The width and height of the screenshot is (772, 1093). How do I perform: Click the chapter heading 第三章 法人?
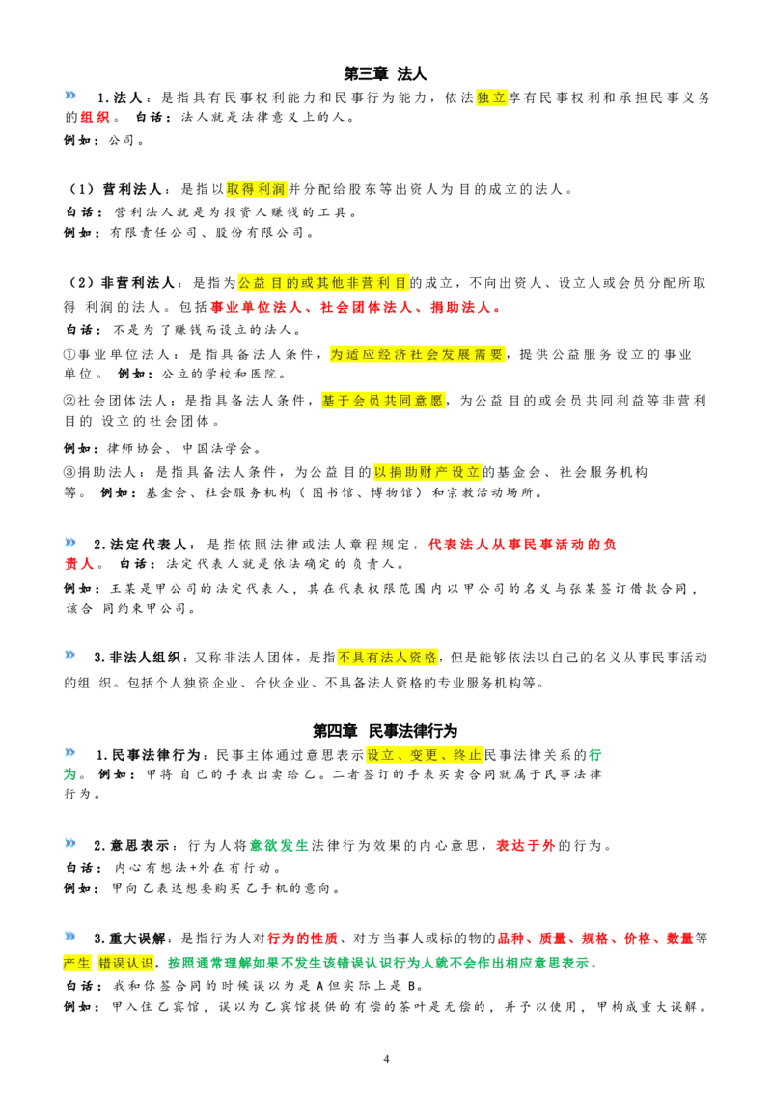tap(385, 73)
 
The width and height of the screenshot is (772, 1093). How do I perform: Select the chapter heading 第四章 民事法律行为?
tap(385, 731)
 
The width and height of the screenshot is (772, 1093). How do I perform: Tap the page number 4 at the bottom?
tap(387, 1059)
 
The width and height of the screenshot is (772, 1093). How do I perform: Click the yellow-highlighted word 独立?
tap(491, 98)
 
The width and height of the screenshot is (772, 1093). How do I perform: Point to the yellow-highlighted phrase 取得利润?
tap(257, 189)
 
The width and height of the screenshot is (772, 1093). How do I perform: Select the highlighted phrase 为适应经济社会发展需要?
tap(417, 354)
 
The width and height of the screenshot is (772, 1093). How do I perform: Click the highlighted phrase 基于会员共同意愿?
tap(382, 401)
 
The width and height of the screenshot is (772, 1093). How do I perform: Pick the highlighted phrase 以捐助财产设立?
tap(427, 472)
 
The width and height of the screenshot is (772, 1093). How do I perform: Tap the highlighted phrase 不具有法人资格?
tap(388, 658)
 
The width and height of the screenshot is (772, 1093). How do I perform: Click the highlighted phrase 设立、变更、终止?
tap(425, 756)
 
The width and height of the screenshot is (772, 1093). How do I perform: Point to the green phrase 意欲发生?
tap(279, 846)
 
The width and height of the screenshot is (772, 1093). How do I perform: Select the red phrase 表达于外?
tap(525, 846)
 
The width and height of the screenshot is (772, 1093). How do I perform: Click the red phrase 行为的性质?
tap(302, 939)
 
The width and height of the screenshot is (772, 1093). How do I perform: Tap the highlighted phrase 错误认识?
tap(125, 964)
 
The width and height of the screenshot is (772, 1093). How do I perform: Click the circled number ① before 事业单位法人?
tap(69, 354)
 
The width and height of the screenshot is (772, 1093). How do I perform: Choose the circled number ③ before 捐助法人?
tap(69, 472)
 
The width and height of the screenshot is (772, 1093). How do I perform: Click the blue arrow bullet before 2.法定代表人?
tap(70, 543)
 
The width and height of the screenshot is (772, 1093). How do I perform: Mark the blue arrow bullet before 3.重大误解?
tap(70, 937)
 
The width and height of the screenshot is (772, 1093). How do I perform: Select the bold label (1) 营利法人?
tap(115, 189)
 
